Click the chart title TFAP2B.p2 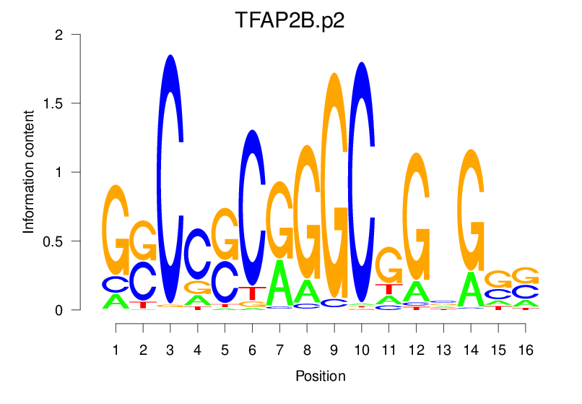point(290,20)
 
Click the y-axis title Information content point(29,171)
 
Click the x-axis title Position point(320,377)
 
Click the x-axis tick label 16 point(526,351)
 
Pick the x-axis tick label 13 point(443,351)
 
